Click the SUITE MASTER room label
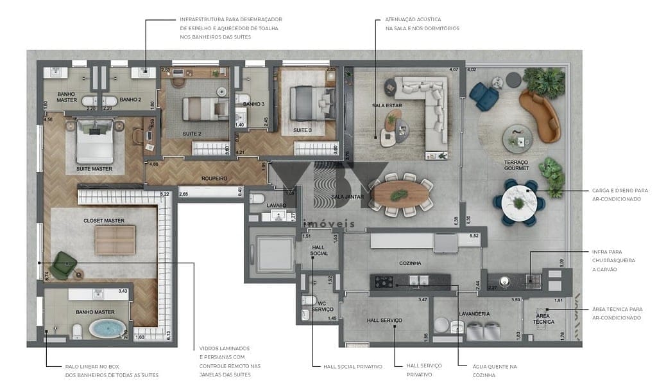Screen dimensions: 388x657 pos(94,169)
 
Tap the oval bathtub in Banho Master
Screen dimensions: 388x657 pos(107,329)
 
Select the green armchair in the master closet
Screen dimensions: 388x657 pos(64,265)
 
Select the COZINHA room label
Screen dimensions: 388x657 pos(409,263)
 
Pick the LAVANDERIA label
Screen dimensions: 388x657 pos(474,313)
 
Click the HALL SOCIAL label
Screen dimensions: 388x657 pos(319,250)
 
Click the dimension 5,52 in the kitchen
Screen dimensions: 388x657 pos(474,236)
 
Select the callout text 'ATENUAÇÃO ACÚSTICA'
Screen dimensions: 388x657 pos(413,19)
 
